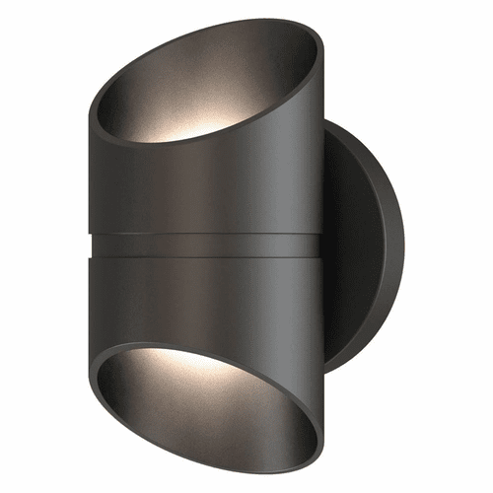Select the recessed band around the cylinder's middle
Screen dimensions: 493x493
tap(207, 246)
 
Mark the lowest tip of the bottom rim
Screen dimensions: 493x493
tap(296, 470)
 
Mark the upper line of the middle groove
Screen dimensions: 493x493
tap(207, 235)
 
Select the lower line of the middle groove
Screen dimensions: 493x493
tap(207, 257)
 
